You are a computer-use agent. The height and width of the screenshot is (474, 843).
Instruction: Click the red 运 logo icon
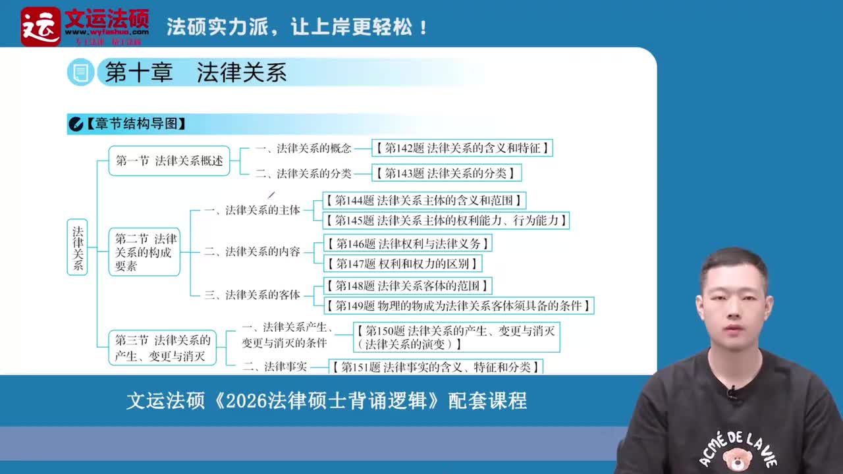point(40,26)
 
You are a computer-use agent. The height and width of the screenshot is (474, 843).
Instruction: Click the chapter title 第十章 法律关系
point(196,73)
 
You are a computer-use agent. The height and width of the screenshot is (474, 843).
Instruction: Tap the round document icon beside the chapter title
point(80,72)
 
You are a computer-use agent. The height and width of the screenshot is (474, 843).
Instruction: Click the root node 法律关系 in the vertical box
point(78,248)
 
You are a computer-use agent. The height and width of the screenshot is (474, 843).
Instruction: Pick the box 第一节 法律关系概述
point(169,161)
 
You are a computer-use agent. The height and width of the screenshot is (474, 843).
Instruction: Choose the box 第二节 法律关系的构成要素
point(144,252)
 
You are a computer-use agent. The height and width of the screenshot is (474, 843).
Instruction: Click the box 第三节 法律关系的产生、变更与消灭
point(162,348)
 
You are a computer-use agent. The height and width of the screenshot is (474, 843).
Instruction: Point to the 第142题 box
point(462,148)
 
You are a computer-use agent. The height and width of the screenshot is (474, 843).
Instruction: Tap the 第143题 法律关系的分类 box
point(446,173)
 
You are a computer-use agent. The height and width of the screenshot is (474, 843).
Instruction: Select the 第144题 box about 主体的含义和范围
point(424,200)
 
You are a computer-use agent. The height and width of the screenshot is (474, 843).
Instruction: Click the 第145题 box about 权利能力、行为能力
point(446,221)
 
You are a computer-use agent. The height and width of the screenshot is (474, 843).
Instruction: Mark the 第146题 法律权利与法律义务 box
point(408,244)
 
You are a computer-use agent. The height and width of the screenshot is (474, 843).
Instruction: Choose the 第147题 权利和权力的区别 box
point(402,264)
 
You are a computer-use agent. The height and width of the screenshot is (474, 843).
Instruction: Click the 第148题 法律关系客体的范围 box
point(408,286)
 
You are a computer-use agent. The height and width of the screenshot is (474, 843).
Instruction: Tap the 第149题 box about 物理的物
point(459,305)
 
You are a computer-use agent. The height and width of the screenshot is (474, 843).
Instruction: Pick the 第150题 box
point(456,337)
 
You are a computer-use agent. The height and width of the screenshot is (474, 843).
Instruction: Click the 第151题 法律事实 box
point(435,367)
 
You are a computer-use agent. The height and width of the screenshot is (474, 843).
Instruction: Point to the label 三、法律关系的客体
point(252,295)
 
